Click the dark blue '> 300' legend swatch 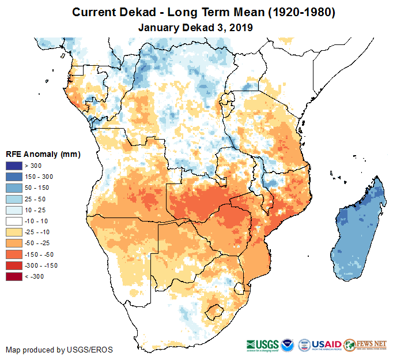(x=14, y=166)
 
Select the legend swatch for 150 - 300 (x=14, y=177)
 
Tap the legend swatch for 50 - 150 (x=14, y=188)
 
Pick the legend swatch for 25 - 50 (x=14, y=199)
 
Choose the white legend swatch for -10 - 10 (x=14, y=221)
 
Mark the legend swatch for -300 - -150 (x=14, y=265)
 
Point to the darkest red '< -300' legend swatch (x=14, y=276)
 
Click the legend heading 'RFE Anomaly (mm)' (x=43, y=154)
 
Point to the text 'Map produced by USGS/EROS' (x=59, y=350)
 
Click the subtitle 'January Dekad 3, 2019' (x=196, y=27)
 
